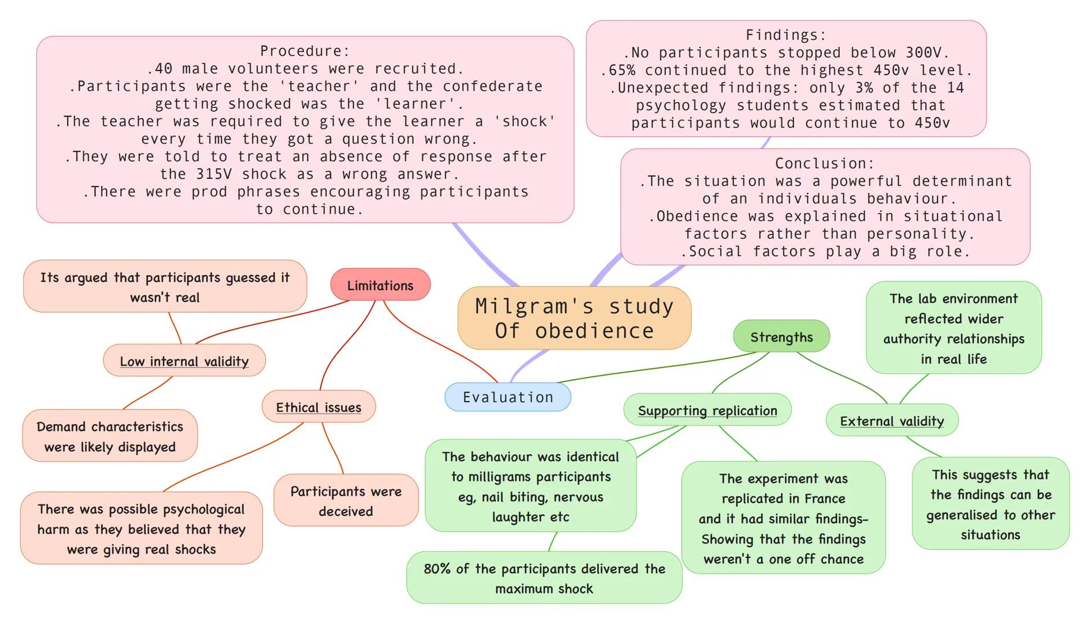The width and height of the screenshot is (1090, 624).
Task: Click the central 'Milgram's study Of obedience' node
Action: tap(574, 318)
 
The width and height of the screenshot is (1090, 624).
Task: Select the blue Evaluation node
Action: tap(507, 397)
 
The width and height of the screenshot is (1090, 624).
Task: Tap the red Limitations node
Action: tap(380, 285)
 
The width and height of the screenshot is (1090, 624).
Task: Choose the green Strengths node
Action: tap(781, 337)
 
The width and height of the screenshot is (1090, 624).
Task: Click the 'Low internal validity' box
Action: tap(184, 361)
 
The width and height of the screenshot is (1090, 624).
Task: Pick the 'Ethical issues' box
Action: tap(318, 407)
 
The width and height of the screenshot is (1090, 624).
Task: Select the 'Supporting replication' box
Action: tap(707, 410)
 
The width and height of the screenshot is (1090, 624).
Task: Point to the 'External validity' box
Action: tap(891, 421)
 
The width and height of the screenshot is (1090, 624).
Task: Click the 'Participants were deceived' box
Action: tap(346, 500)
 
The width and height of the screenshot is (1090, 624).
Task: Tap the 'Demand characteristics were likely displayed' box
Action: tap(110, 436)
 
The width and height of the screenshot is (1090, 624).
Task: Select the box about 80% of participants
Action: tap(544, 578)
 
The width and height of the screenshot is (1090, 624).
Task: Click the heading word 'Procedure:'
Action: tap(305, 51)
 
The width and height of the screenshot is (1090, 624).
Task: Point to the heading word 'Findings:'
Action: tap(785, 35)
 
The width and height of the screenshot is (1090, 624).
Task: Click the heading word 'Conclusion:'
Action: tap(824, 164)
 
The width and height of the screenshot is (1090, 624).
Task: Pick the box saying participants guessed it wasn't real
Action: tap(165, 287)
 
